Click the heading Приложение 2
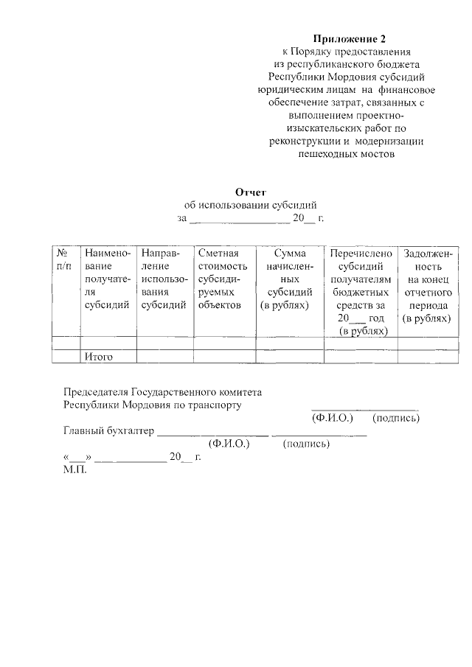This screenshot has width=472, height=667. [x=349, y=38]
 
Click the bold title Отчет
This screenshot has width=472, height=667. [x=250, y=192]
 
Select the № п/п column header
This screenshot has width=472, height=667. [x=65, y=259]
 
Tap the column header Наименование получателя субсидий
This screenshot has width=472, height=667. [x=108, y=279]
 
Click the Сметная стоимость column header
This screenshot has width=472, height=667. [x=221, y=279]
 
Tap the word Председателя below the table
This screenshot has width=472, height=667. [x=100, y=391]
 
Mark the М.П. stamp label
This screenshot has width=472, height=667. [x=75, y=469]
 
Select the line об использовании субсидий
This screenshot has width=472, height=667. [x=250, y=205]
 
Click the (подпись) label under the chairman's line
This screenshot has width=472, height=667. [x=397, y=419]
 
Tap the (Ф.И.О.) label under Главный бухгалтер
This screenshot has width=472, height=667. [x=229, y=444]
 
